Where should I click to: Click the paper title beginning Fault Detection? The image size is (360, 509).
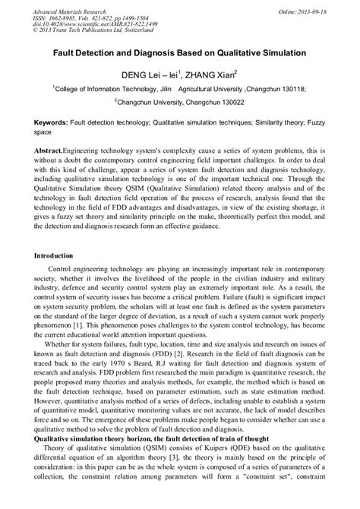(x=179, y=55)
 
